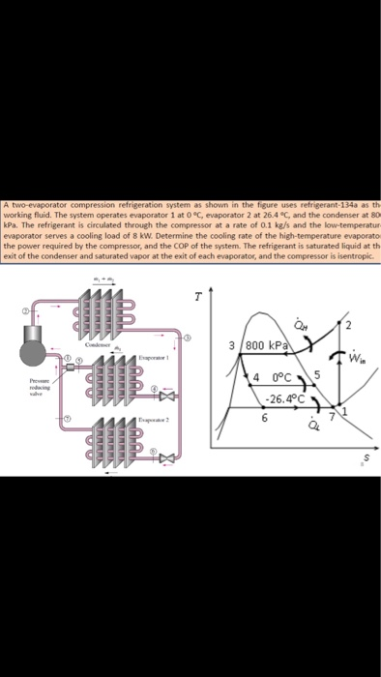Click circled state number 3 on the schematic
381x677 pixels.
tap(189, 338)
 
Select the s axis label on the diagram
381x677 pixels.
tap(364, 456)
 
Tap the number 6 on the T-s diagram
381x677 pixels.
tap(264, 419)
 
